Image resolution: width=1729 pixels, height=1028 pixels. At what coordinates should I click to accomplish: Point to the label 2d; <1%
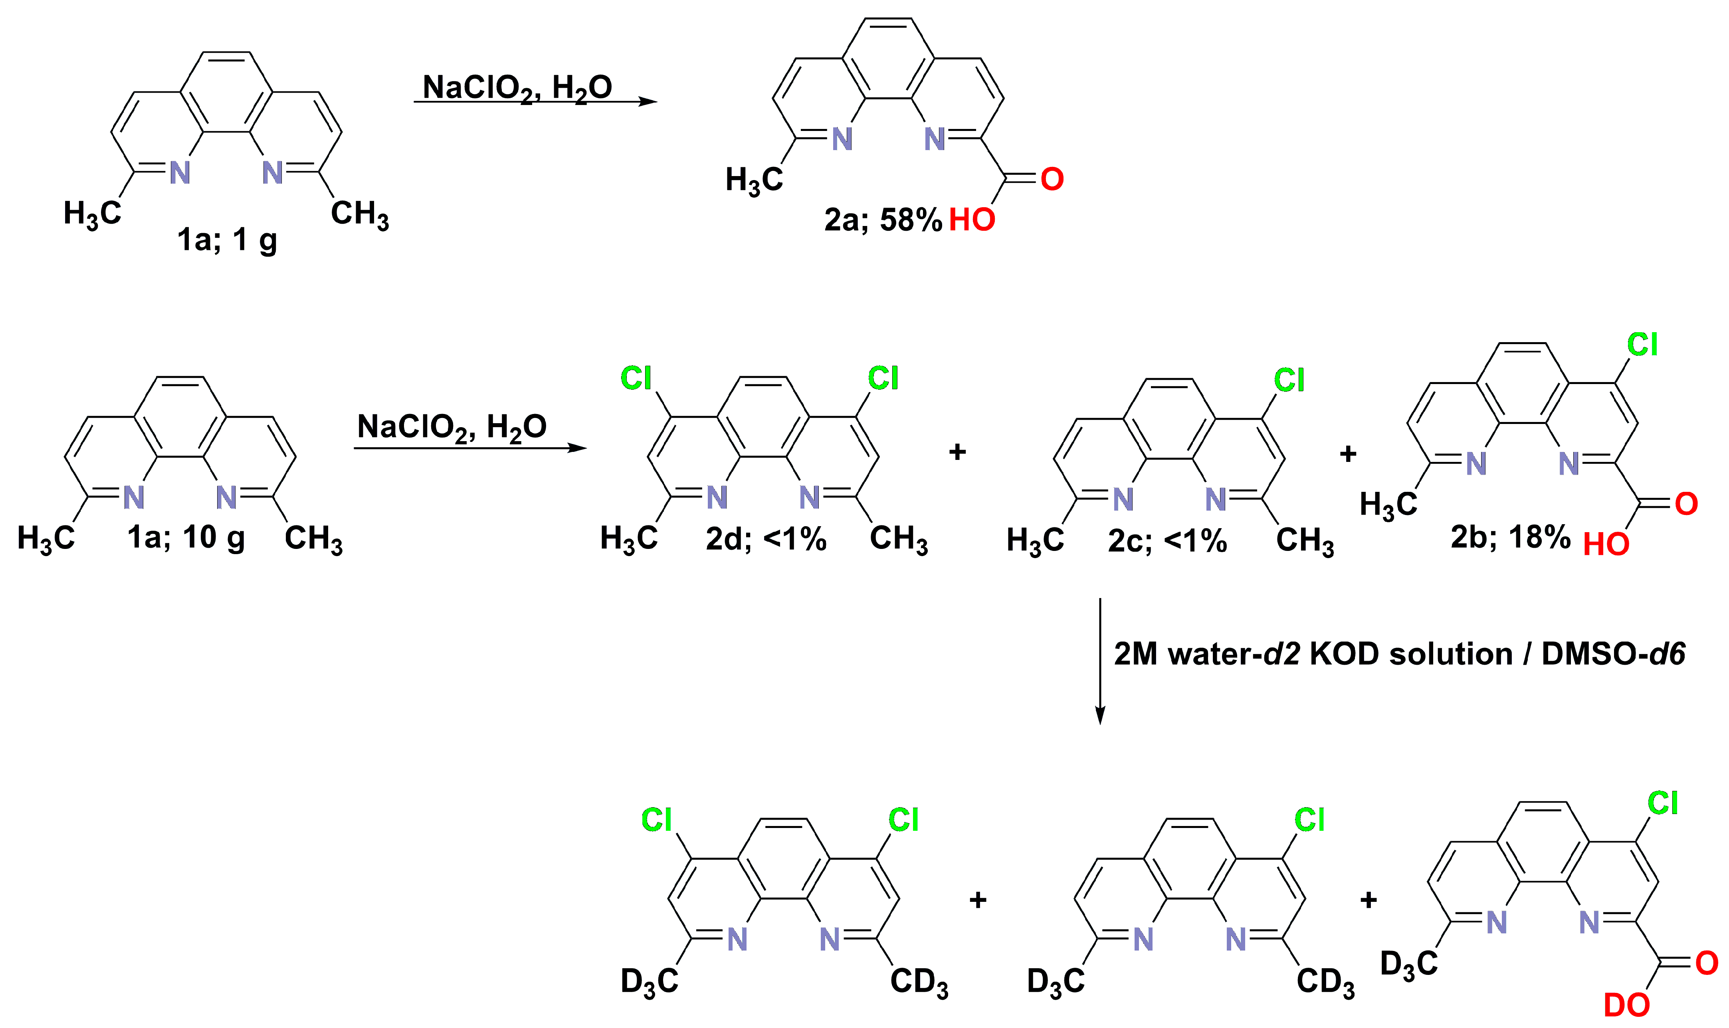point(765,539)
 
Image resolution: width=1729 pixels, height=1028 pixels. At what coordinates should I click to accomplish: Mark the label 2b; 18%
point(1510,537)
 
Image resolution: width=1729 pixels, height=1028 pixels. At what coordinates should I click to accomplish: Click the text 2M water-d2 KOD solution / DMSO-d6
point(1399,654)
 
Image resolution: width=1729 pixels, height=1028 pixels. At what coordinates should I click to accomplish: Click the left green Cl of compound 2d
point(636,378)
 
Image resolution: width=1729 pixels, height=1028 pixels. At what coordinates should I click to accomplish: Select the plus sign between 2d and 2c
point(957,452)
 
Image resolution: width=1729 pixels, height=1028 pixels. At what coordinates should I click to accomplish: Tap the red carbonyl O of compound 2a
point(1052,179)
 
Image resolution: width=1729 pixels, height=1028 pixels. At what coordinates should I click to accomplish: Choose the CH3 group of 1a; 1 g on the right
point(360,213)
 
